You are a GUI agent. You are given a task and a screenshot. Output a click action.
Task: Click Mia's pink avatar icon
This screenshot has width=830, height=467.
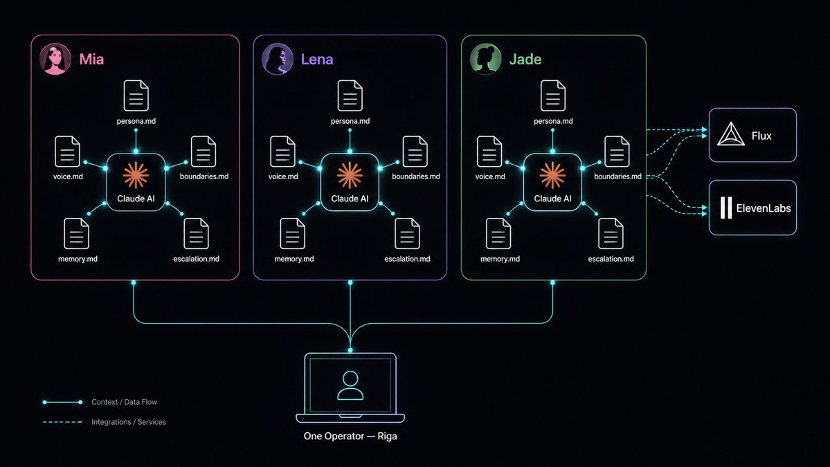[x=55, y=59]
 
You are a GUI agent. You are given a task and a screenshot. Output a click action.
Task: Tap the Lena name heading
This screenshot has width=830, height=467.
[x=317, y=59]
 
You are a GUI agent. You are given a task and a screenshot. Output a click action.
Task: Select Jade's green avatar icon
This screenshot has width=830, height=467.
[x=485, y=59]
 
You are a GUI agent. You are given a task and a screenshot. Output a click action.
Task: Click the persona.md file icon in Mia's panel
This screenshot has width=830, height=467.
[x=136, y=95]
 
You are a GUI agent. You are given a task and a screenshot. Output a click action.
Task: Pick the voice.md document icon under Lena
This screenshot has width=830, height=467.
[x=282, y=152]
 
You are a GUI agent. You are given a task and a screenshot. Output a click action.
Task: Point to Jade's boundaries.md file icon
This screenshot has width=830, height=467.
[x=617, y=152]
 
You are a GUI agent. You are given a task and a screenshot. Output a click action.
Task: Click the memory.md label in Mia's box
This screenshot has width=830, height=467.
[x=78, y=259]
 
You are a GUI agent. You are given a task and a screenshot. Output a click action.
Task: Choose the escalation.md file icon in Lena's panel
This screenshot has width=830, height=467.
[x=407, y=233]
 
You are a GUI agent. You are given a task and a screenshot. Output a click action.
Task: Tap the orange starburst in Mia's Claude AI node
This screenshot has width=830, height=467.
[x=136, y=175]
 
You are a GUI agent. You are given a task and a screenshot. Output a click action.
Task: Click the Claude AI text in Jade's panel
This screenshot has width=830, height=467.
[x=552, y=199]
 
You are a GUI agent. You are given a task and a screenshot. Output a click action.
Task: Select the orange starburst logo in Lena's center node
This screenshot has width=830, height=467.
[x=350, y=175]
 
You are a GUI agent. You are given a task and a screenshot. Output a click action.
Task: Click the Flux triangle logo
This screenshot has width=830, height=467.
[x=731, y=134]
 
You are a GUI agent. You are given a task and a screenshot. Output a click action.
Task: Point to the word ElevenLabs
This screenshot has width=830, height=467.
[x=764, y=208]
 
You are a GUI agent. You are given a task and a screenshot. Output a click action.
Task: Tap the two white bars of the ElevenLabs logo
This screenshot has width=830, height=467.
[x=726, y=208]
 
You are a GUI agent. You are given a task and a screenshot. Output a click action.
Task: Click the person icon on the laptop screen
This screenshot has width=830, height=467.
[x=350, y=385]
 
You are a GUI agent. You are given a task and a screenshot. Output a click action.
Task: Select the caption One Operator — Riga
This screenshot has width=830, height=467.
[x=350, y=437]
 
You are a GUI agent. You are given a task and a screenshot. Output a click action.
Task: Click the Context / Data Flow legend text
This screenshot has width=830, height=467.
[x=125, y=402]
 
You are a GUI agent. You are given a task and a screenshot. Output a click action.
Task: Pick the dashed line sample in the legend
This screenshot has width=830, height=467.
[x=62, y=422]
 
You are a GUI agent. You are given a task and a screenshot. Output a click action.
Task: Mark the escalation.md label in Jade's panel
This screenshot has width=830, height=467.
[x=611, y=259]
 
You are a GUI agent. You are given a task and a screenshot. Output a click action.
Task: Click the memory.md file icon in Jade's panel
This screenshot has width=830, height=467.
[x=498, y=233]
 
